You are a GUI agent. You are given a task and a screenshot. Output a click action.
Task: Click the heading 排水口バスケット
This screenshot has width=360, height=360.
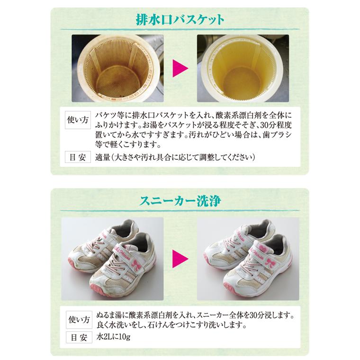[180, 20]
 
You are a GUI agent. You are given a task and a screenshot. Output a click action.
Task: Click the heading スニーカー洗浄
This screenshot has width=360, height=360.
[180, 201]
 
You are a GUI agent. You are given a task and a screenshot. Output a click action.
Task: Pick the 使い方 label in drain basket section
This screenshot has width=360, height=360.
[77, 120]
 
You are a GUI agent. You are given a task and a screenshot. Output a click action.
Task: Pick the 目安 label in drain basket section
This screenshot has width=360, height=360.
[77, 157]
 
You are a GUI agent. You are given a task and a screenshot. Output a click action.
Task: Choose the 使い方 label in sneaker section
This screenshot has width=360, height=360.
[77, 318]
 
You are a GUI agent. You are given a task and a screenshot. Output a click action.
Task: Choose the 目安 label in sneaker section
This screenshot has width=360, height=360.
[77, 338]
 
